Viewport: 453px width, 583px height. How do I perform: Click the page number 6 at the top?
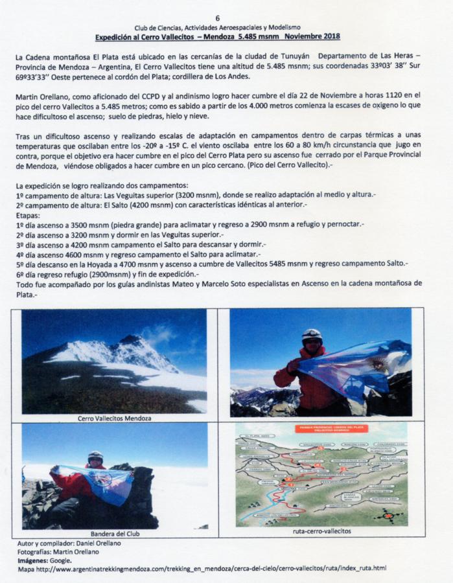click(218, 18)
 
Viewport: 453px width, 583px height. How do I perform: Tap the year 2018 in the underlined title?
click(327, 37)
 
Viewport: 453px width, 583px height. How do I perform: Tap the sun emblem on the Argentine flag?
click(378, 363)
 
